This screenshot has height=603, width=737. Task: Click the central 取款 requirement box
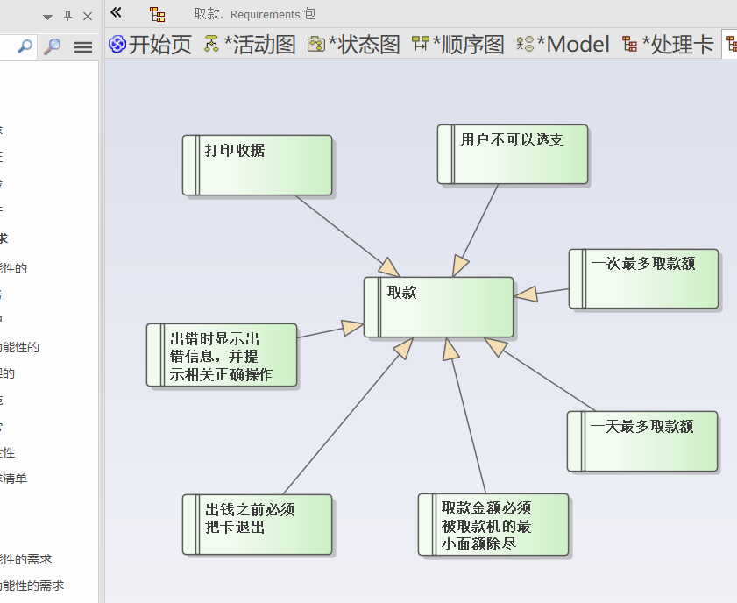coord(438,307)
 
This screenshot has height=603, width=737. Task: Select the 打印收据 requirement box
coord(258,165)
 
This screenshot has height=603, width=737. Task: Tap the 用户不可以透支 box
coord(513,154)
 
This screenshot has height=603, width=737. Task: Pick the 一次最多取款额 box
coord(644,279)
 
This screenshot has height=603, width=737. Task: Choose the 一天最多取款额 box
coord(642,441)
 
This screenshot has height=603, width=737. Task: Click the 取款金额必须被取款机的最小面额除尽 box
coord(493,524)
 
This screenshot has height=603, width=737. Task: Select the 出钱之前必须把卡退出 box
coord(258,524)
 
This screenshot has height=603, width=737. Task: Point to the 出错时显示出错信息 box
coord(222,355)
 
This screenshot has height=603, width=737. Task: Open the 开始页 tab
coord(150,45)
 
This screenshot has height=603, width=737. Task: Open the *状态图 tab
coord(354,45)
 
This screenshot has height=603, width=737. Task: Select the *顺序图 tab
coord(458,45)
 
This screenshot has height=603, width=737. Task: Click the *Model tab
coord(563,45)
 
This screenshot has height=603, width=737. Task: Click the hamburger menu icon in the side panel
coord(83,46)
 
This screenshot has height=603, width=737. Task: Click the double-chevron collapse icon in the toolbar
coord(116,13)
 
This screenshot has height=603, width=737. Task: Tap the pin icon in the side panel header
coord(68,16)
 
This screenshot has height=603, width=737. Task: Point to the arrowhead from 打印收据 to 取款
coord(388,267)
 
